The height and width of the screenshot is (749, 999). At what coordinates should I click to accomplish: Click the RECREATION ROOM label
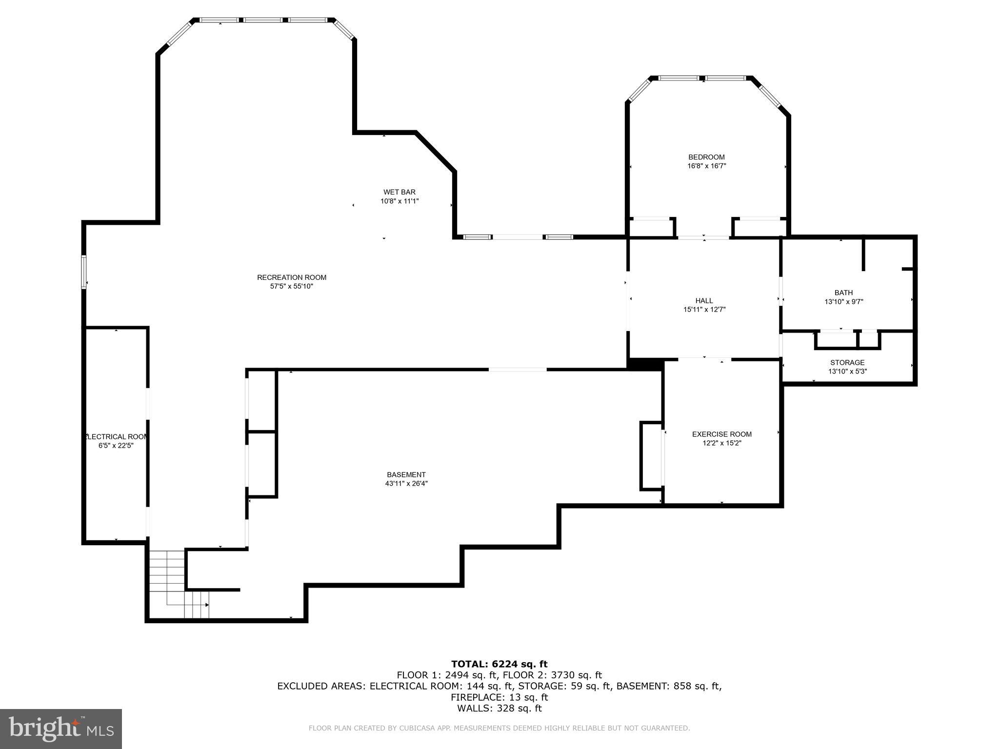click(292, 277)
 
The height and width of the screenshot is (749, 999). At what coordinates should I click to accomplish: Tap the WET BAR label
click(400, 192)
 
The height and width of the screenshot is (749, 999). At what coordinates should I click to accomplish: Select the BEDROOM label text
click(706, 157)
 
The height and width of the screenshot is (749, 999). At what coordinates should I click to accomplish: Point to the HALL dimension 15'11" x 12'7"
click(704, 309)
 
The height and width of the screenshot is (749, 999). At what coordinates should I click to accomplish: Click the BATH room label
click(843, 293)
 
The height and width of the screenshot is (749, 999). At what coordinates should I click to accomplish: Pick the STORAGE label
click(847, 362)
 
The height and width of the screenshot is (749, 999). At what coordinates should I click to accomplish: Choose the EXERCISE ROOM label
click(722, 434)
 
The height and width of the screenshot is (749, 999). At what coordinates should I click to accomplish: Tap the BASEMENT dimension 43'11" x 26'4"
click(406, 484)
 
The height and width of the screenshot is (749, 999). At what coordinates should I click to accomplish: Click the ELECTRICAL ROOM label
click(116, 437)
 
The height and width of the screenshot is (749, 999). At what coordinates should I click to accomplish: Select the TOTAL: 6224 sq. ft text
click(499, 664)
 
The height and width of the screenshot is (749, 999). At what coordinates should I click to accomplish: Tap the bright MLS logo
click(61, 729)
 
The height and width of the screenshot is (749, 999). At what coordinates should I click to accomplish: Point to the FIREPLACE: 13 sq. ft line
click(499, 697)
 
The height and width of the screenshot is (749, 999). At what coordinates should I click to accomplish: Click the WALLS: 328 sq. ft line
click(499, 709)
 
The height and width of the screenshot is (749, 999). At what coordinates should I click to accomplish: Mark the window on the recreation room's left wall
click(84, 272)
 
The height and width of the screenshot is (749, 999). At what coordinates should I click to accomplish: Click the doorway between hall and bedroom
click(703, 237)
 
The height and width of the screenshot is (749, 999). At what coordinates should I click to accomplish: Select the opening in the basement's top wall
click(518, 370)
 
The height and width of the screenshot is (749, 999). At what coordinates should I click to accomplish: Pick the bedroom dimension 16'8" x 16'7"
click(706, 166)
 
